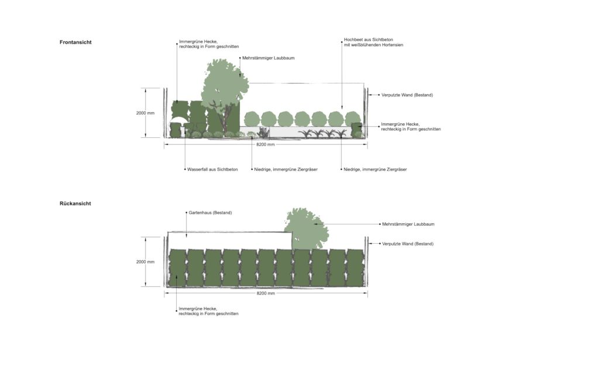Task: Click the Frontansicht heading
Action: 75,42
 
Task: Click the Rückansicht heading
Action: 75,204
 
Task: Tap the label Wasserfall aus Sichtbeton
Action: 212,169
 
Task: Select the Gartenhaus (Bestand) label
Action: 210,213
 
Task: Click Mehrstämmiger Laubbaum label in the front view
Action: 268,58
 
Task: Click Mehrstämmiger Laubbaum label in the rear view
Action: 408,224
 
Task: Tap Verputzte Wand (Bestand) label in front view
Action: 407,95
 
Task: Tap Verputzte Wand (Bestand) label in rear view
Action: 408,244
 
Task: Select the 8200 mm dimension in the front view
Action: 266,145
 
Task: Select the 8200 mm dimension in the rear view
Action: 266,293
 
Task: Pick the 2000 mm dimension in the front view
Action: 146,113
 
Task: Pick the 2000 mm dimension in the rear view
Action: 146,262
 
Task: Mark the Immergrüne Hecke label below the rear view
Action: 209,311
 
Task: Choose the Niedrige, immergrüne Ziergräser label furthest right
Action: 375,169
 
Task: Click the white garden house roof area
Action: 230,240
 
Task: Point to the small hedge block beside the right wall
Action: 356,130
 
